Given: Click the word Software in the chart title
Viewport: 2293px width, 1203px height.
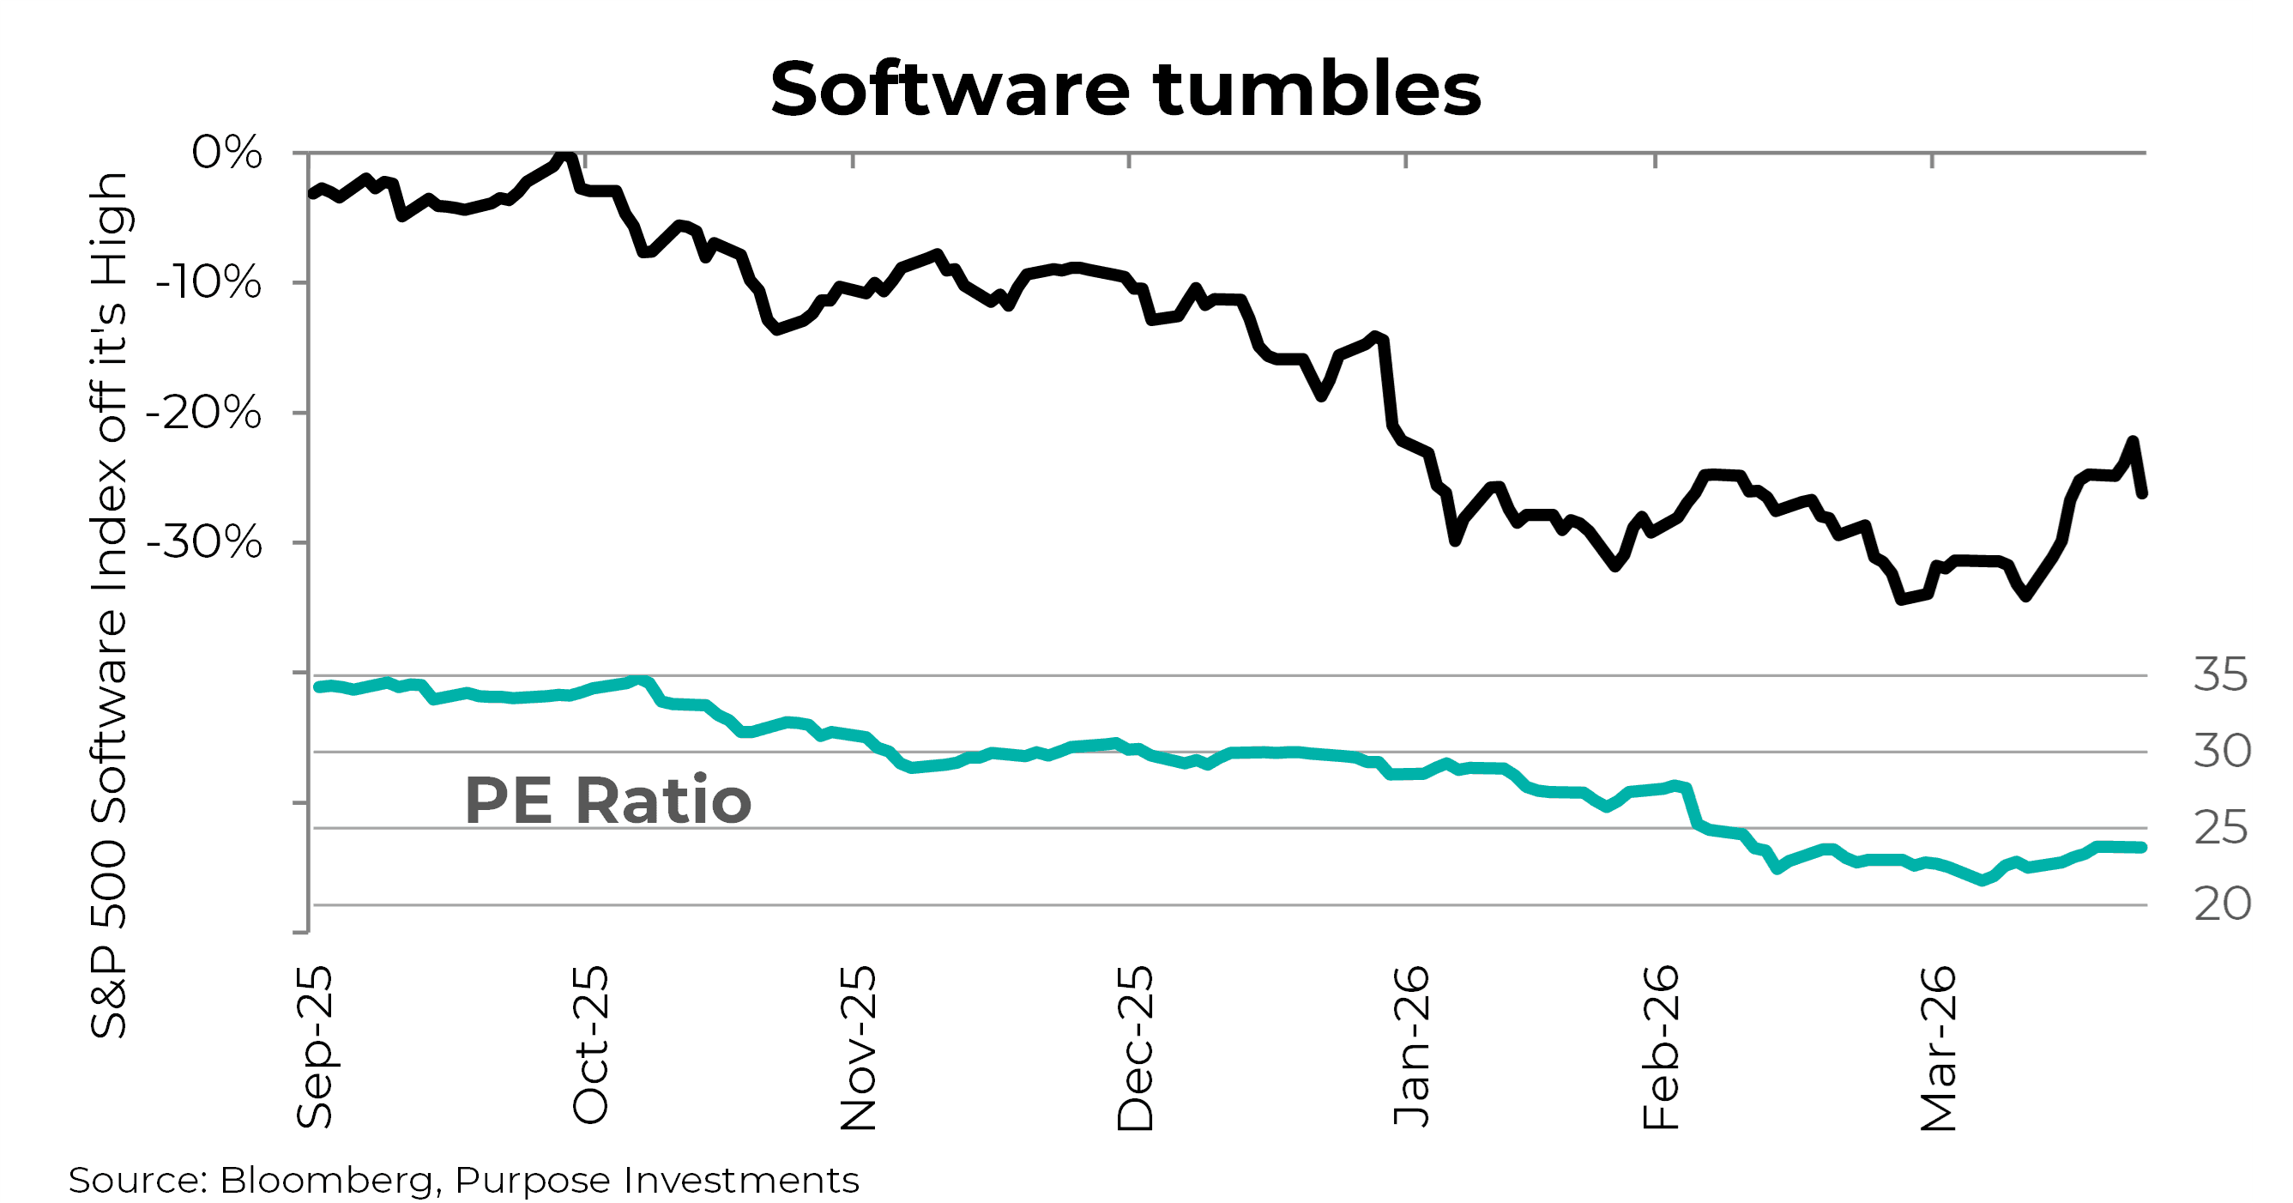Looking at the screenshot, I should [950, 89].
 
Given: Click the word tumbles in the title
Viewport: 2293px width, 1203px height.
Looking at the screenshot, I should [1318, 89].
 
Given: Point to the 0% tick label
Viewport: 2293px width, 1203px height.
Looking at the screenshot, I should [227, 152].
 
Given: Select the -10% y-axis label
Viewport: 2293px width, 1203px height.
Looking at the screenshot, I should [209, 283].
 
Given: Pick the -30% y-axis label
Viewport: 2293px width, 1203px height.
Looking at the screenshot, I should [205, 542].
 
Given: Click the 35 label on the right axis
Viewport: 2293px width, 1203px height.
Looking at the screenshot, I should [2220, 675].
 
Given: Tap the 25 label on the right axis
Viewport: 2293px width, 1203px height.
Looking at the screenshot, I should [2220, 828].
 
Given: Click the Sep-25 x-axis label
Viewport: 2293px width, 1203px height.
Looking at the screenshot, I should [314, 1047].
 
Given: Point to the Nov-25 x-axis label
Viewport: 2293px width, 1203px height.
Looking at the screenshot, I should [859, 1048].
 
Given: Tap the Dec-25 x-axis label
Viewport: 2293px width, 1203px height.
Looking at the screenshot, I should [1135, 1048].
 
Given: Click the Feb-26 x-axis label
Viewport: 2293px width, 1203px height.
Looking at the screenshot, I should [1661, 1047].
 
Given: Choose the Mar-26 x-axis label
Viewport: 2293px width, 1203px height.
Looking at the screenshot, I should [1939, 1048].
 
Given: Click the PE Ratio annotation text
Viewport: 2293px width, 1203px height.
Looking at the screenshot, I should [608, 801].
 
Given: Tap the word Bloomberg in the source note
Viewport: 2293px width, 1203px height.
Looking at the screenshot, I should [326, 1181].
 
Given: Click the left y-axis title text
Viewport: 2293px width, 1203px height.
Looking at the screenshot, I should [111, 606].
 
